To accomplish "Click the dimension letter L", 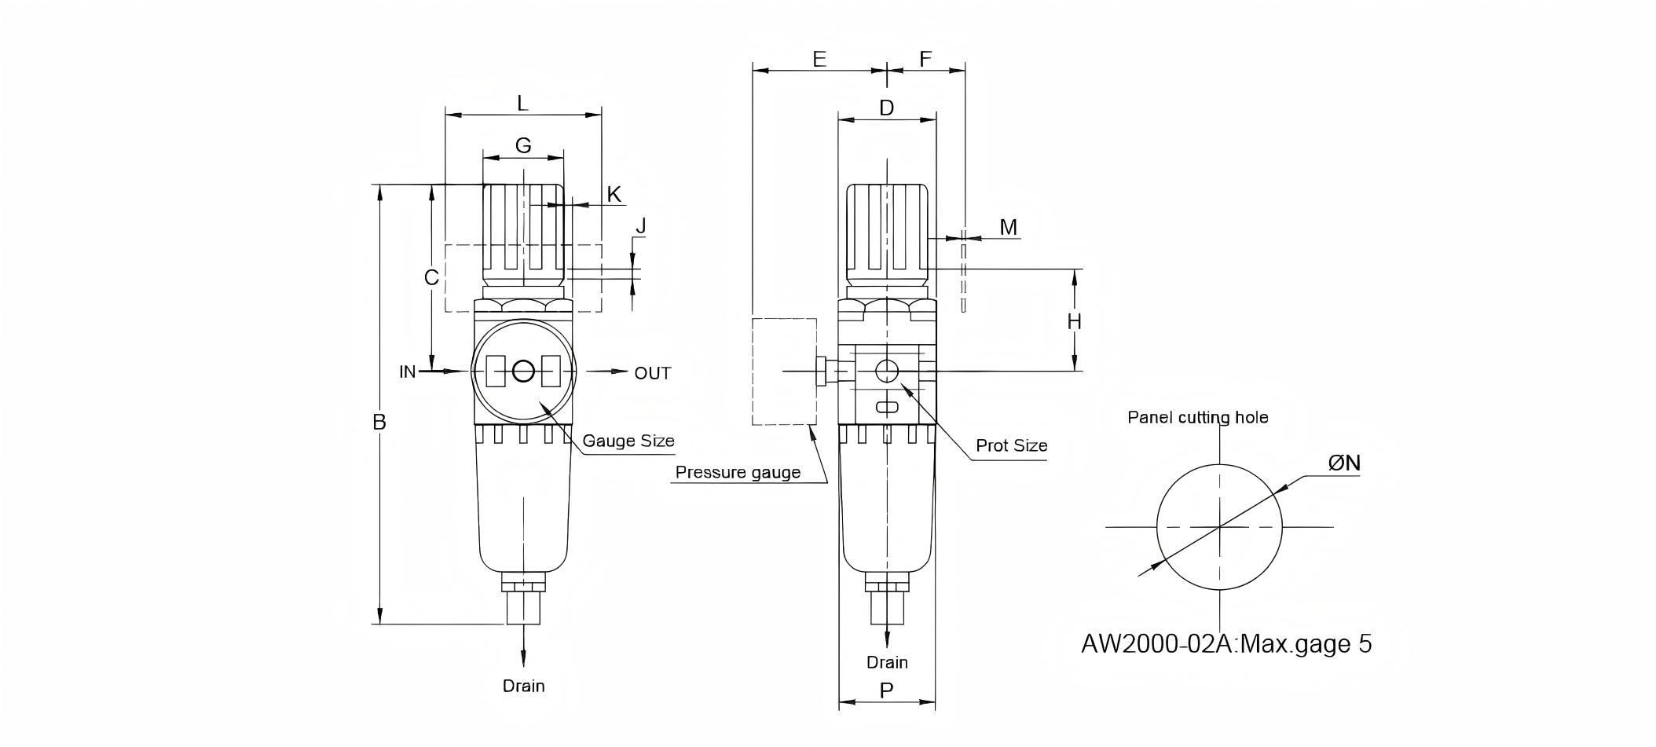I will click(x=522, y=103).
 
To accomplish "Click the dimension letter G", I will click(x=523, y=145).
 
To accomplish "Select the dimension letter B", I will click(x=379, y=423).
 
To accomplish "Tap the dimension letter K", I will click(x=614, y=194).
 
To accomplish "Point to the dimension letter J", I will click(x=641, y=226).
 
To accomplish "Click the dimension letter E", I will click(x=819, y=59).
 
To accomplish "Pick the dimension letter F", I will click(x=925, y=59).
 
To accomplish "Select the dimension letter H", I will click(x=1074, y=321).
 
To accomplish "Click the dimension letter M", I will click(x=1008, y=227).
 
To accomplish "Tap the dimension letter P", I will click(x=886, y=691).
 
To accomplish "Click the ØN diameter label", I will click(x=1344, y=463).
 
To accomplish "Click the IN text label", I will click(x=407, y=372).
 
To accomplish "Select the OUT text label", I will click(x=653, y=373).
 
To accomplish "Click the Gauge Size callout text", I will click(x=628, y=441).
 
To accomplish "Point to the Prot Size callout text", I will click(x=1011, y=445).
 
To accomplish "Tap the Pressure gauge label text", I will click(x=738, y=472).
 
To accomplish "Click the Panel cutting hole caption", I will click(x=1197, y=417).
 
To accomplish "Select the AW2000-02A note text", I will click(x=1226, y=643).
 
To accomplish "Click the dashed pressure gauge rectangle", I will click(x=784, y=371).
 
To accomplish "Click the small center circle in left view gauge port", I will click(x=523, y=372).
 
